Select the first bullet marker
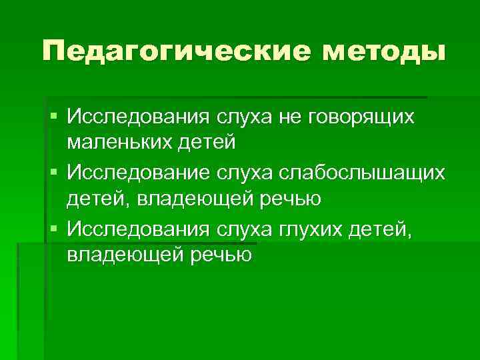(53, 117)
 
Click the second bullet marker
(53, 173)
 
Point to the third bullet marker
(53, 229)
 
